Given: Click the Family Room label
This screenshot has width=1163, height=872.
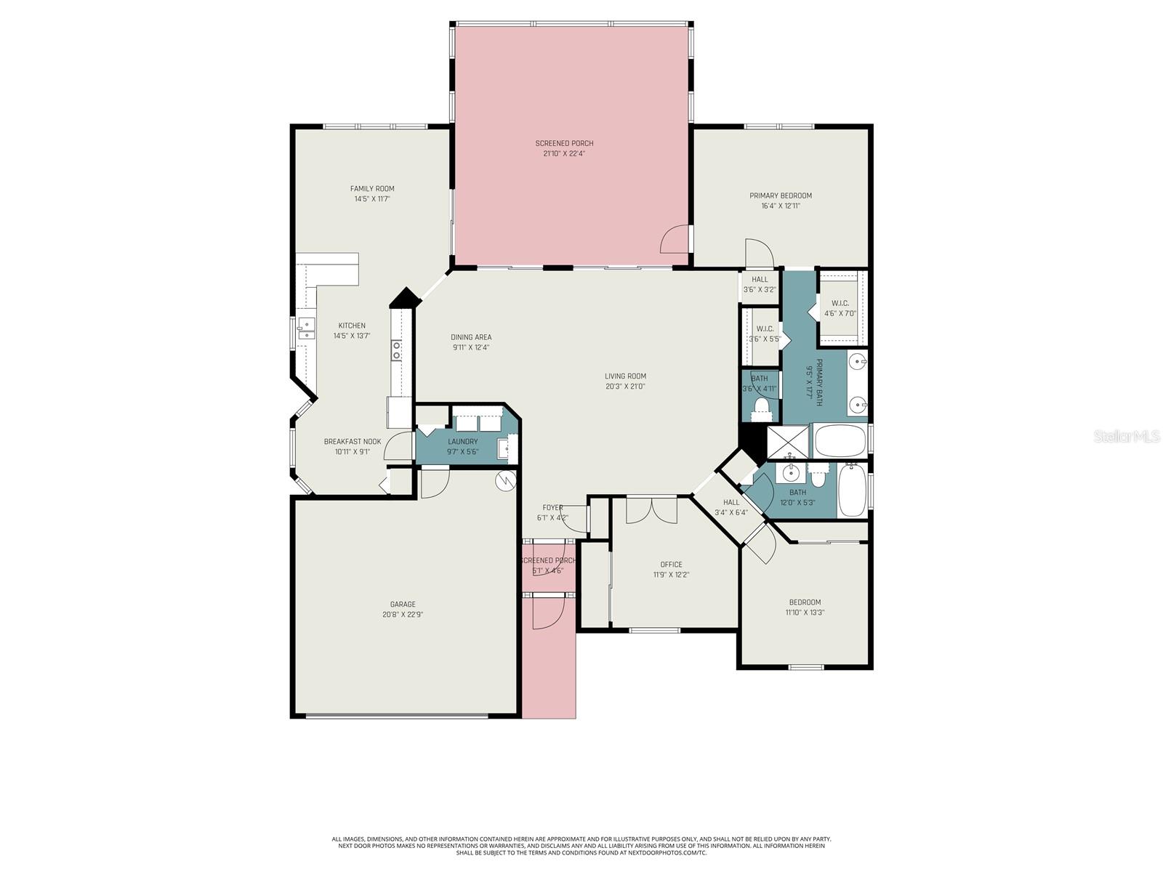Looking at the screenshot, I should click(372, 189).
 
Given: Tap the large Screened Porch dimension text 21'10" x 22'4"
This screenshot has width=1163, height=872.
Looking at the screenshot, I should click(564, 154).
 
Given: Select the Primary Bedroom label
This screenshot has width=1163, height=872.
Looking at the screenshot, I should click(781, 195).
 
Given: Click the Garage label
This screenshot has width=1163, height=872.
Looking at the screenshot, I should click(403, 605).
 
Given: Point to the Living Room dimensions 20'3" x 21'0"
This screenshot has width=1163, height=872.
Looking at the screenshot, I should click(625, 387).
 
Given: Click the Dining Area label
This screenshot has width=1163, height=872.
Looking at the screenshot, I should click(471, 337).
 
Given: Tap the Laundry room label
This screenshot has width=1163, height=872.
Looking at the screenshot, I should click(463, 442).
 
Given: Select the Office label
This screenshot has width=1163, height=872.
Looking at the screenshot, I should click(671, 565).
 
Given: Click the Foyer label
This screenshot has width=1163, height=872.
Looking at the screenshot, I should click(552, 508).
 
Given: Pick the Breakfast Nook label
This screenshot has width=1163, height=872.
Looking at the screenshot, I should click(353, 442).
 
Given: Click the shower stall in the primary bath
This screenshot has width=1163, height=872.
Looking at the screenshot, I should click(787, 441).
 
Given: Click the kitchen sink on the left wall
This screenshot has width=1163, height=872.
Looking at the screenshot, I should click(305, 329).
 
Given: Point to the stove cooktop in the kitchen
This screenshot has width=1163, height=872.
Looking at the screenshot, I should click(397, 351).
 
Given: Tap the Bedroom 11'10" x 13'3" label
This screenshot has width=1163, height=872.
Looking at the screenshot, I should click(805, 602).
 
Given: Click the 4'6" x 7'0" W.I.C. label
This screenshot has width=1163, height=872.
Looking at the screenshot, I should click(840, 303).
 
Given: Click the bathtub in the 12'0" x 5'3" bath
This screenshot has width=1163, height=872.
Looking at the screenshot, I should click(851, 490).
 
